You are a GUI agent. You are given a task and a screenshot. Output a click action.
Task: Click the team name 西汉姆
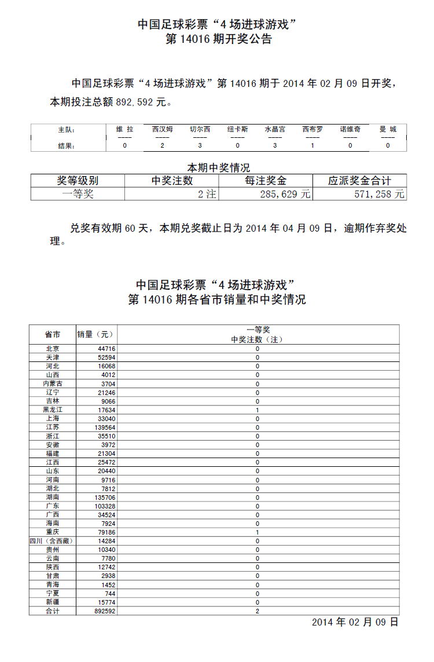click(162, 129)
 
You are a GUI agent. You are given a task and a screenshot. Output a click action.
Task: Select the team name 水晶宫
click(275, 129)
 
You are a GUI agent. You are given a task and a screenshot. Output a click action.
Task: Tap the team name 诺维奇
click(350, 129)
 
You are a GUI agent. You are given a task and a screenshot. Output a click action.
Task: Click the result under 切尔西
click(200, 145)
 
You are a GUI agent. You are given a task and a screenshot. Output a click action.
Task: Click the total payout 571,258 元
click(379, 195)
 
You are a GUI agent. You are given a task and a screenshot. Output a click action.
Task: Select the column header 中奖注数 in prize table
click(172, 181)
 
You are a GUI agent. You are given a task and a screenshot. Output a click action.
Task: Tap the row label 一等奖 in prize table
click(78, 195)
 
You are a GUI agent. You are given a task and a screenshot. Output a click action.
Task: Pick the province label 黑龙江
click(52, 409)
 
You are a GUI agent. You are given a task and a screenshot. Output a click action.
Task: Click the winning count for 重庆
click(258, 532)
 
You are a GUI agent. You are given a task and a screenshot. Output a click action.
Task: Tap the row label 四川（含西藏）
click(52, 541)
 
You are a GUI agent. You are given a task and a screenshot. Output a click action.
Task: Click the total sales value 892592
click(105, 611)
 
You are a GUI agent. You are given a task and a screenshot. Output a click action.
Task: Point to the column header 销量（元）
click(96, 334)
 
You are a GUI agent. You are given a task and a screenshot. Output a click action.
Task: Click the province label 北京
click(52, 349)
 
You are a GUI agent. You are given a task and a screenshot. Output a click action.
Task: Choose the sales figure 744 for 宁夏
click(109, 594)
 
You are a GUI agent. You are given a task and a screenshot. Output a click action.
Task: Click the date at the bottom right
click(355, 623)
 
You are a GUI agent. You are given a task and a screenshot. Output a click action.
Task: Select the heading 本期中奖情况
click(218, 168)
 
